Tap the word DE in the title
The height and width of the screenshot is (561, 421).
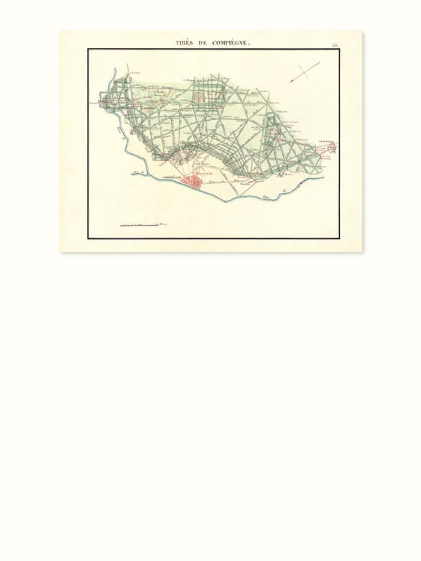202,43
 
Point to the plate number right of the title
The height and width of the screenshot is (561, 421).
335,45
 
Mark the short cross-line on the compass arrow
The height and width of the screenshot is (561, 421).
304,72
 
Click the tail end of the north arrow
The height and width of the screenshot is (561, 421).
319,62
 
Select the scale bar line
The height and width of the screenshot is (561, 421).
139,225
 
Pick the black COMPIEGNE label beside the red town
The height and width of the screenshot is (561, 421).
171,178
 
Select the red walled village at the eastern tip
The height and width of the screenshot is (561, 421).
333,148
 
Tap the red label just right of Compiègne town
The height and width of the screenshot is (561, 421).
207,173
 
